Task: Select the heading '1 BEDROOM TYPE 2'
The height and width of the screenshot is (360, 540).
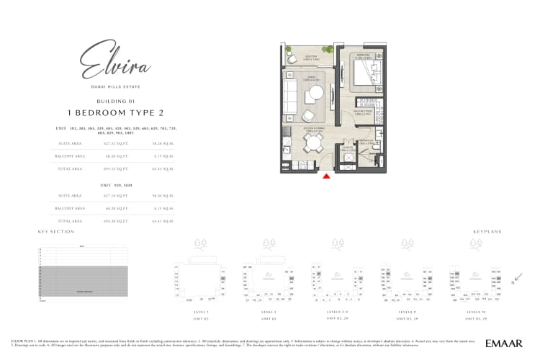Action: point(116,114)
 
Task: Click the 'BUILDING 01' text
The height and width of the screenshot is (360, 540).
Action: point(115,102)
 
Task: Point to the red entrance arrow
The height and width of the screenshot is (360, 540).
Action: point(327,175)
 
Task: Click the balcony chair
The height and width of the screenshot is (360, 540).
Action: point(292,53)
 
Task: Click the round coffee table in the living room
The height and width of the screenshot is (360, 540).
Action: point(316,94)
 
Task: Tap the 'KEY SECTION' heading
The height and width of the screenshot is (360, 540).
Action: point(56,232)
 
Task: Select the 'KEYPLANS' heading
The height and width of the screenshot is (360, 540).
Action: point(487,232)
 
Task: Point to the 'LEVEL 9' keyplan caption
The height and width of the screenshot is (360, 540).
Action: point(406,312)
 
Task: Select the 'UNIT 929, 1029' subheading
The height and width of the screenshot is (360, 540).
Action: point(115,185)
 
